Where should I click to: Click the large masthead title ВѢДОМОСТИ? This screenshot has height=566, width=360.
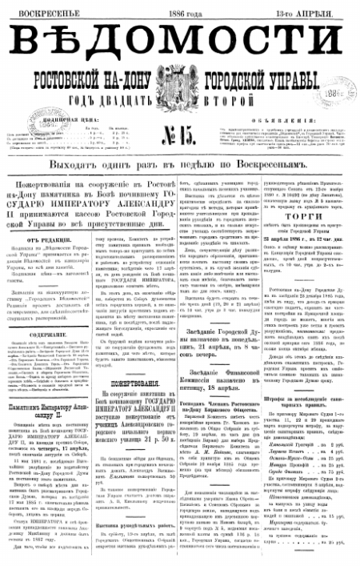[180, 42]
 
